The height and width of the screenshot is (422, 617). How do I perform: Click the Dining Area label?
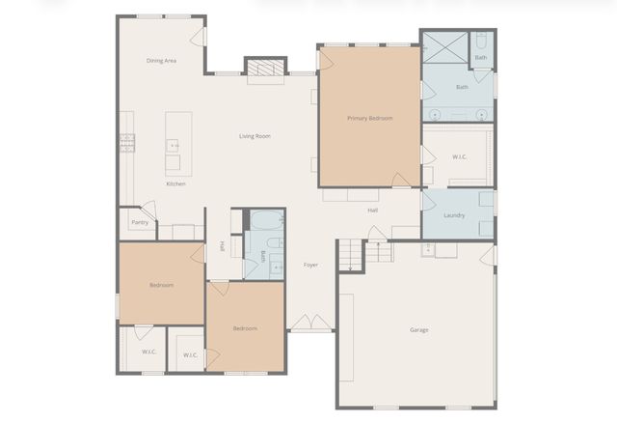161,61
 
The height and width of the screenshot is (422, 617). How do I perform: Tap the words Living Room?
255,136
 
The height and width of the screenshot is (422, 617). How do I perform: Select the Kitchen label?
175,183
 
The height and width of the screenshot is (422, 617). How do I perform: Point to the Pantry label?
140,222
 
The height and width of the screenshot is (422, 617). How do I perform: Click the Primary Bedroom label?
370,118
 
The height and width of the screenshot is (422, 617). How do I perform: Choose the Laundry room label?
454,215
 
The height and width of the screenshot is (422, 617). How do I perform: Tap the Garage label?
419,330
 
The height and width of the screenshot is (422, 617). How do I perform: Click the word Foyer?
310,265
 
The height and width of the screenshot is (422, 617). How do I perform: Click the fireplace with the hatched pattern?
265,68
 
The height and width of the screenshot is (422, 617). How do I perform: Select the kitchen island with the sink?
177,144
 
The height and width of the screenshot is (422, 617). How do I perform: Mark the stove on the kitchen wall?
127,144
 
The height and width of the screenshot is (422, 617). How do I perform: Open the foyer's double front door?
309,323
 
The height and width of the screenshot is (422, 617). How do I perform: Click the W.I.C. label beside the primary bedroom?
459,155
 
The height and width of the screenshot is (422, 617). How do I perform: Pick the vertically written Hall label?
222,246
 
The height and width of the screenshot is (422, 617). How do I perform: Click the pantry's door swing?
147,209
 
